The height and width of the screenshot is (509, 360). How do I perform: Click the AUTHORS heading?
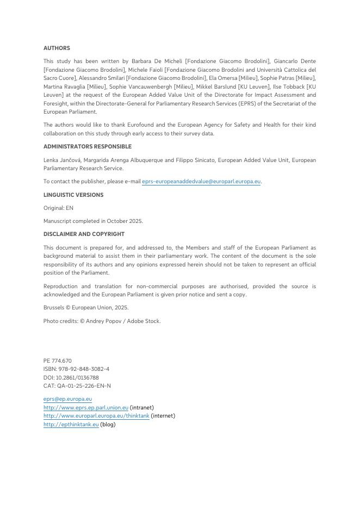pos(57,48)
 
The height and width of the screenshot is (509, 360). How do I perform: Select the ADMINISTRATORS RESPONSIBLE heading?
pos(87,146)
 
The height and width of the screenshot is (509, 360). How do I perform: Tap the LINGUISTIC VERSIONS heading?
pos(73,195)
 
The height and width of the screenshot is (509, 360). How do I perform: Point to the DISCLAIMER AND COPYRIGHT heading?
pos(84,234)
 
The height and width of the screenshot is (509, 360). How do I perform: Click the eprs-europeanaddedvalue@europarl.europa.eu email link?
pos(201,182)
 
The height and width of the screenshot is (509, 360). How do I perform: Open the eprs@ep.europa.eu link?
pos(67,399)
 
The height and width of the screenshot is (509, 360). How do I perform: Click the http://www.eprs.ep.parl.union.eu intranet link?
pos(86,407)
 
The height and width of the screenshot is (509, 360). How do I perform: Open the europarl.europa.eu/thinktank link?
pos(96,415)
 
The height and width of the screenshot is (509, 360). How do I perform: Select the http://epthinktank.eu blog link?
pos(71,424)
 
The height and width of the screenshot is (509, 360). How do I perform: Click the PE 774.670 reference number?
pos(58,361)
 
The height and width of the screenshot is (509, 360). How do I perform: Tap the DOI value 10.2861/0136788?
pos(77,377)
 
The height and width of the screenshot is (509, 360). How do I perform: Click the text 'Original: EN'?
pos(58,208)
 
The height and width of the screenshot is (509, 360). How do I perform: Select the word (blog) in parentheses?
pos(108,424)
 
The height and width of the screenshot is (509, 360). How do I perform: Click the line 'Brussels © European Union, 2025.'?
pos(86,307)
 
